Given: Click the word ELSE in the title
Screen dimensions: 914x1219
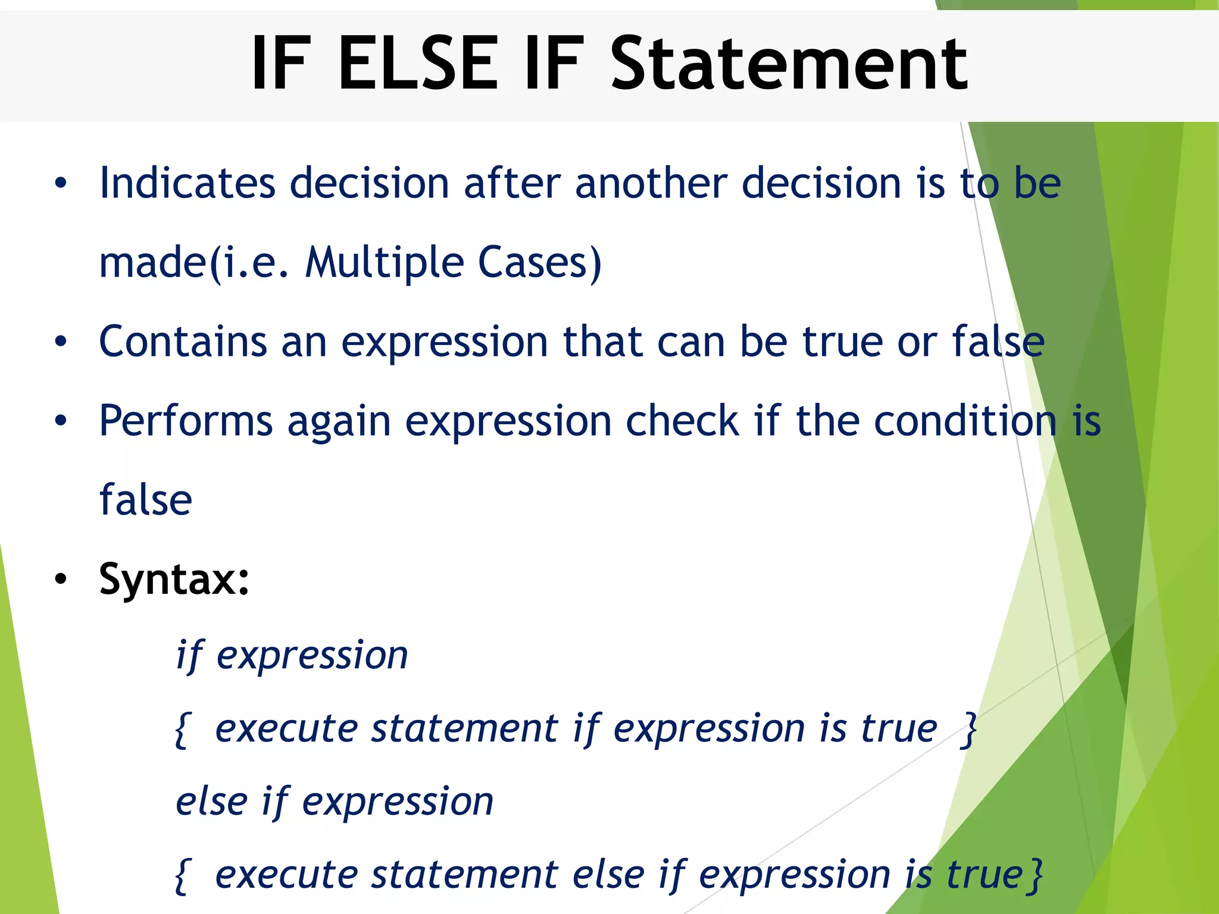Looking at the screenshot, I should coord(417,63).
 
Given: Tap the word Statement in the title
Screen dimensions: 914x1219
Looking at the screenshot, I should coord(789,63).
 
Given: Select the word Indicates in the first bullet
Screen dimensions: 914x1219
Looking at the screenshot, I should coord(187,183).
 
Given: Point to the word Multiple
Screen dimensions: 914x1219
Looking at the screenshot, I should coord(384,262).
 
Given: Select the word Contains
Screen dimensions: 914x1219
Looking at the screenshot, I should coord(183,342).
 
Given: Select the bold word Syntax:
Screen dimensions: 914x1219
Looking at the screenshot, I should coord(174,579).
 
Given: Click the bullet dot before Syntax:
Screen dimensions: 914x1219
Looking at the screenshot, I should coord(61,579).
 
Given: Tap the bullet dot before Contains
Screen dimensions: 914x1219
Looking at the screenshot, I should coord(61,342).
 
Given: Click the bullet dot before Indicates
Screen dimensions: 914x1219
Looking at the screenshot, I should coord(61,183).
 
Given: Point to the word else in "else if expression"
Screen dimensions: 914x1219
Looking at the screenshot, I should coord(211,801).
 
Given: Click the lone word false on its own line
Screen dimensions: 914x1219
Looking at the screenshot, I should coord(146,500).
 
